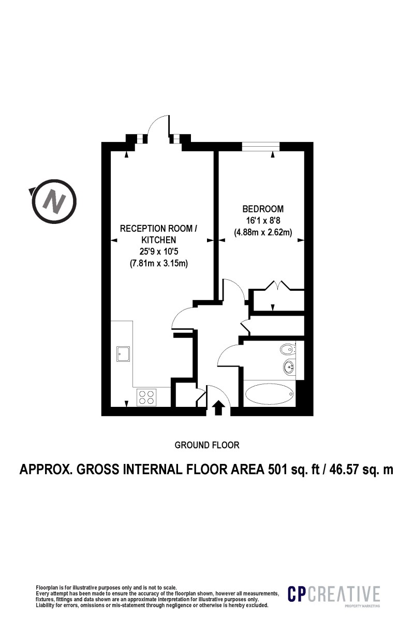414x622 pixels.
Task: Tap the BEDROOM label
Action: pyautogui.click(x=263, y=209)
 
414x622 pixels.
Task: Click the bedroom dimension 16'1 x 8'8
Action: pyautogui.click(x=263, y=221)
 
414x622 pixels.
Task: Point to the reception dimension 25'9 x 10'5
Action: pyautogui.click(x=158, y=251)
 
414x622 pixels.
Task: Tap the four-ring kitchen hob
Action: pyautogui.click(x=146, y=397)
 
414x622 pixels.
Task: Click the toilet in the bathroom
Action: pyautogui.click(x=287, y=349)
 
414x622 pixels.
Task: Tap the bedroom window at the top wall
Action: pyautogui.click(x=260, y=146)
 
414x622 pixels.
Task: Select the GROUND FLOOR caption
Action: pyautogui.click(x=207, y=445)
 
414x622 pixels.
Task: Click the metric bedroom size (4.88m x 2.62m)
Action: pyautogui.click(x=263, y=232)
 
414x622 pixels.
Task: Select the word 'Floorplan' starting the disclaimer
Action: pyautogui.click(x=47, y=587)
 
